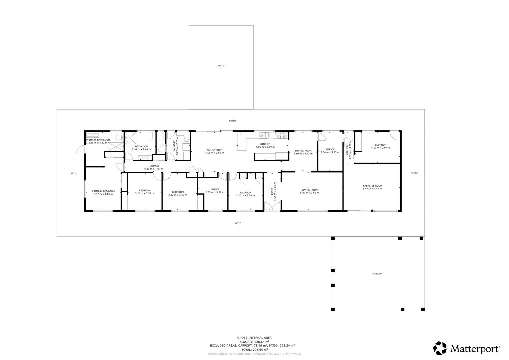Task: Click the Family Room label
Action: [x=215, y=150]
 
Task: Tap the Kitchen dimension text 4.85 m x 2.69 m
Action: [x=265, y=147]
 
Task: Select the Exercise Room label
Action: [x=372, y=186]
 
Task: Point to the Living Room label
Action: [x=310, y=190]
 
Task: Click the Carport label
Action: [x=378, y=274]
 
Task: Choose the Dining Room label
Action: [x=303, y=151]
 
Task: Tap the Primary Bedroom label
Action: [x=103, y=191]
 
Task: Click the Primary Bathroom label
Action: [x=98, y=140]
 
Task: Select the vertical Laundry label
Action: [x=175, y=146]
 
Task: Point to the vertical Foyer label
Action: [x=272, y=191]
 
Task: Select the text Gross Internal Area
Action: [x=254, y=338]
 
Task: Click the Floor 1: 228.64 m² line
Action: [x=254, y=342]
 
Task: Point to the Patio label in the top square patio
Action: [x=221, y=66]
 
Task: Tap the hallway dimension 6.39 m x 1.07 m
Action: [x=154, y=169]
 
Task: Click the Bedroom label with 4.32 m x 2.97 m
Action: [x=381, y=145]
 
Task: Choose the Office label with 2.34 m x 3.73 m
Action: [x=330, y=149]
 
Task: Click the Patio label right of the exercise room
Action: [x=414, y=173]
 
